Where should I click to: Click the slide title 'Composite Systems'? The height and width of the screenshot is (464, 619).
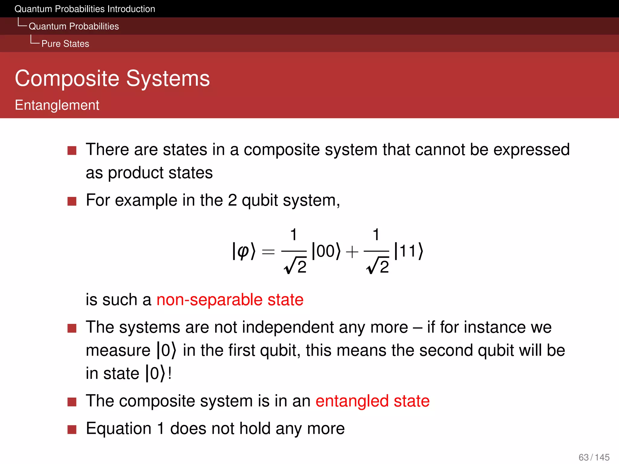(112, 79)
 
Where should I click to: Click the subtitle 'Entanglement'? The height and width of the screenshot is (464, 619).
(57, 105)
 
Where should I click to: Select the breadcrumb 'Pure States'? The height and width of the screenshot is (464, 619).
(65, 44)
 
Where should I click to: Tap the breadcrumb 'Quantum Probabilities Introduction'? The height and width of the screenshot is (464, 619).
(85, 9)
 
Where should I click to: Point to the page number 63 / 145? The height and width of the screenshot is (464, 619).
(594, 457)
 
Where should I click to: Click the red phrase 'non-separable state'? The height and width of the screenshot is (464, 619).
(230, 300)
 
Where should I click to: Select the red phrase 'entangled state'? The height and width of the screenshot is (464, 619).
(372, 401)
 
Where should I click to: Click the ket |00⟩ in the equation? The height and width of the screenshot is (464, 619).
(326, 251)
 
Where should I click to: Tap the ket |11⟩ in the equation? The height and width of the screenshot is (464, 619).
(409, 251)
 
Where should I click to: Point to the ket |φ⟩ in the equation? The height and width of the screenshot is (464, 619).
(244, 251)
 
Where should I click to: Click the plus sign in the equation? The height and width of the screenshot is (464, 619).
(352, 252)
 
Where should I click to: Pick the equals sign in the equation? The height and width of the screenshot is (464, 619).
(268, 252)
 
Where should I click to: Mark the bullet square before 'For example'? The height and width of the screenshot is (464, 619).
(72, 201)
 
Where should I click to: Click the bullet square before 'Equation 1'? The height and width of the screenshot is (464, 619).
(72, 429)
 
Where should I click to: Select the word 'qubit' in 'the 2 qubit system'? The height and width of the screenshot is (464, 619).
(260, 200)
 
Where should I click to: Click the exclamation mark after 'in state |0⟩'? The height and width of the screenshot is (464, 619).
(170, 373)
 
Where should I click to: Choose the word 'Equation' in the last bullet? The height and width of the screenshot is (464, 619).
(118, 428)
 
